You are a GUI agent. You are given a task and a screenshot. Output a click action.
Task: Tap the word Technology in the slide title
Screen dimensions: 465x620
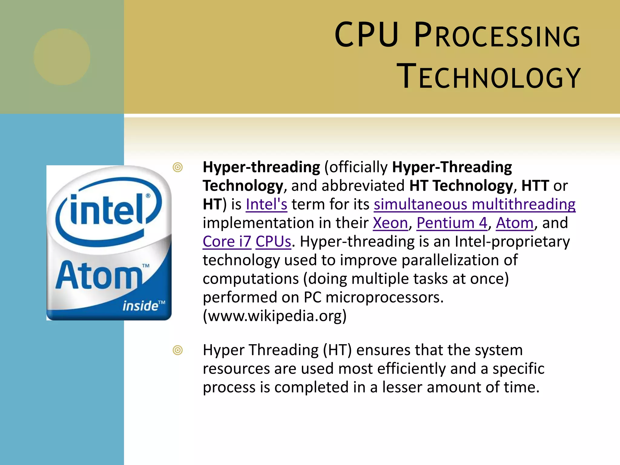[488, 76]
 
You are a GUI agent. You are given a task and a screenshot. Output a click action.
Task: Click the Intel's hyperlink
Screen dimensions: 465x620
[266, 204]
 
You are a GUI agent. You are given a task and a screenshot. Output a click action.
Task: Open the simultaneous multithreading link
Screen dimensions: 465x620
[474, 204]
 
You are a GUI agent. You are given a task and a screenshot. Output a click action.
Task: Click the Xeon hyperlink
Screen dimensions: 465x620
[390, 223]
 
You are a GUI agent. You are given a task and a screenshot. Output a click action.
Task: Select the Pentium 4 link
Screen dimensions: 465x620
[452, 223]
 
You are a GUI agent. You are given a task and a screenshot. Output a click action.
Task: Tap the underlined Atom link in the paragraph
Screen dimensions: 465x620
[514, 223]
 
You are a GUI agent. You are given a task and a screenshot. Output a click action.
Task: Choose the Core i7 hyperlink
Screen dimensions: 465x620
[227, 242]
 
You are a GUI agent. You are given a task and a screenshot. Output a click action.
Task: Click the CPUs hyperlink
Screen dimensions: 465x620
[273, 242]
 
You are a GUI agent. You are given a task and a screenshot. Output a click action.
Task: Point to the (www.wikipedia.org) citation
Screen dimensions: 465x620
[275, 316]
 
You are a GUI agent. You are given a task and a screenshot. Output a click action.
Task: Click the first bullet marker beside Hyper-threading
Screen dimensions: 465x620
[178, 167]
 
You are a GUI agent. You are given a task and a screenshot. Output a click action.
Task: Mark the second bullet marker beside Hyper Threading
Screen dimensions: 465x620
[178, 350]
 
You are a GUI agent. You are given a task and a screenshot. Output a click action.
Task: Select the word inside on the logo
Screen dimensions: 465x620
[140, 306]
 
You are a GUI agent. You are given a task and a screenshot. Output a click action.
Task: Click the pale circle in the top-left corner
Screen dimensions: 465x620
[62, 57]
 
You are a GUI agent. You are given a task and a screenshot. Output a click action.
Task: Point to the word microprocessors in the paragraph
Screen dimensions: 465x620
[384, 298]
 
